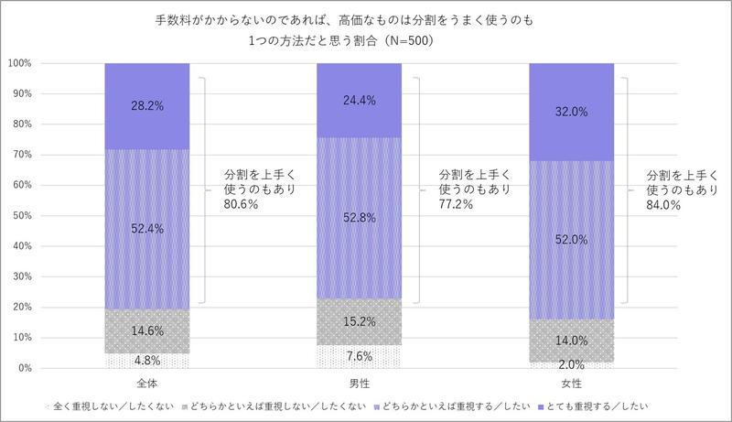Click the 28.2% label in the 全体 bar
pos(148,105)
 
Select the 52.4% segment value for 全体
pos(148,229)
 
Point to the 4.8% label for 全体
pos(148,360)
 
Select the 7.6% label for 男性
pos(359,355)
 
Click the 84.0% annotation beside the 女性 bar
pos(663,205)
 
